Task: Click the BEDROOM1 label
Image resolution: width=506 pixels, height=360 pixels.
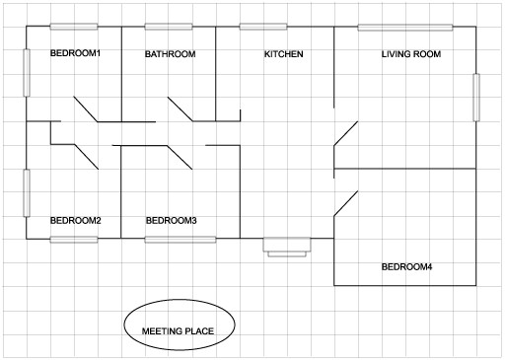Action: [75, 53]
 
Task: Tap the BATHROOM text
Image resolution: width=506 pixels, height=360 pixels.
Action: [170, 54]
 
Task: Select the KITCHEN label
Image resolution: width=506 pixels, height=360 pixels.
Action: [283, 54]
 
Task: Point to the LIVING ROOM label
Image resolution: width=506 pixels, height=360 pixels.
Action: [410, 54]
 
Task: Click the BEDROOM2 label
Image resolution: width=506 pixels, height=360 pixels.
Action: [75, 220]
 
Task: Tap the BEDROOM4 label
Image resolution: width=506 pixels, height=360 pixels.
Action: [406, 267]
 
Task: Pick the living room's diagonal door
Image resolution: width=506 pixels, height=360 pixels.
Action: [346, 133]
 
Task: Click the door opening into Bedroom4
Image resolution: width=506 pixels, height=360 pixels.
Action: [346, 201]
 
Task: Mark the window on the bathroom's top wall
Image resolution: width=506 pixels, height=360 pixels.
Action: [169, 27]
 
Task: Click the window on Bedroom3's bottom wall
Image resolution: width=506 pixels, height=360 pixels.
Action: [181, 240]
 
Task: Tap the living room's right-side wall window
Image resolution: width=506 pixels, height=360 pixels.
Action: [476, 97]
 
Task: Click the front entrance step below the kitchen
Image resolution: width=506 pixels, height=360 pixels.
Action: [287, 247]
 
